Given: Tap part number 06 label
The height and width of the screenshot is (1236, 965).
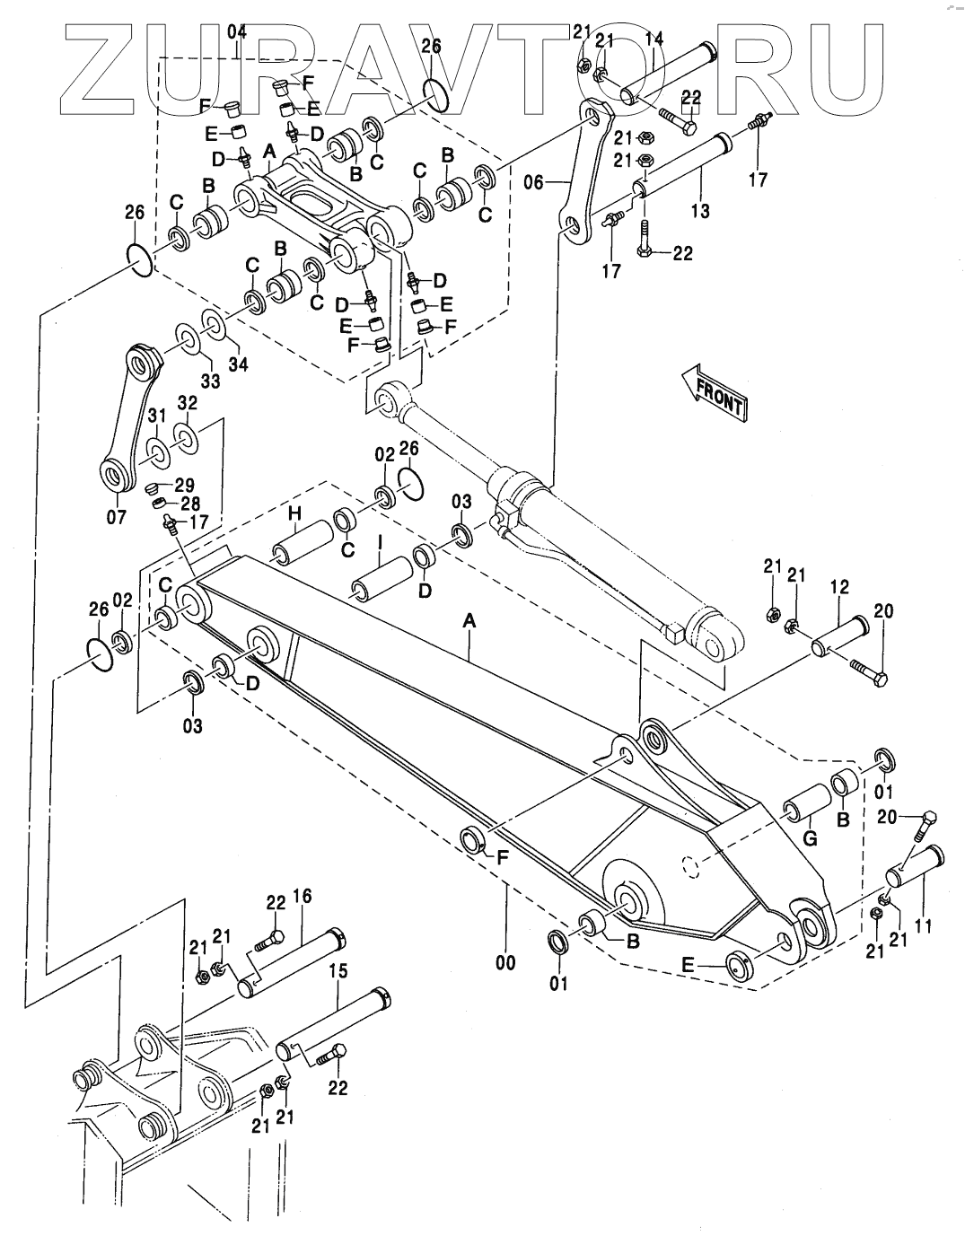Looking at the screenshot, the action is pyautogui.click(x=534, y=182).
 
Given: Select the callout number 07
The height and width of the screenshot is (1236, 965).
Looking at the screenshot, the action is pyautogui.click(x=118, y=518).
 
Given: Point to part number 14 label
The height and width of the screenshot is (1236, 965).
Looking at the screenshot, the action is pyautogui.click(x=654, y=39).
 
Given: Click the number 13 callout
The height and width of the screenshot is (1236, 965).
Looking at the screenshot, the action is pyautogui.click(x=700, y=212).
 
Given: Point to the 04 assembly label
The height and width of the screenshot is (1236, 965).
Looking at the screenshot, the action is pyautogui.click(x=237, y=32).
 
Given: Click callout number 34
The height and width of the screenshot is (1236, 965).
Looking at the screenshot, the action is pyautogui.click(x=238, y=364).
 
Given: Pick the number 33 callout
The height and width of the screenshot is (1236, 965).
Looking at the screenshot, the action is pyautogui.click(x=210, y=381).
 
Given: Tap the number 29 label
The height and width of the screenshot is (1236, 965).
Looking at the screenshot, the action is pyautogui.click(x=184, y=486).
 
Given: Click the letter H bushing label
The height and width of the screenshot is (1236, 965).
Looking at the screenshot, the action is pyautogui.click(x=294, y=514).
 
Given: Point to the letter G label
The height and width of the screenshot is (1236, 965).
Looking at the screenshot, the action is pyautogui.click(x=810, y=838).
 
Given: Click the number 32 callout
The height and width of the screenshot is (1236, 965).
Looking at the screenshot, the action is pyautogui.click(x=187, y=403).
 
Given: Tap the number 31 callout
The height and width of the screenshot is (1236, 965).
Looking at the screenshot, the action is pyautogui.click(x=157, y=416).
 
